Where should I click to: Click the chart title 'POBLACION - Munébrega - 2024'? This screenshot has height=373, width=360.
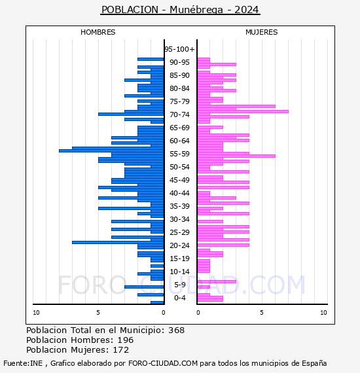pyautogui.click(x=180, y=10)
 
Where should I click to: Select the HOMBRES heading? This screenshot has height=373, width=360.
pyautogui.click(x=98, y=32)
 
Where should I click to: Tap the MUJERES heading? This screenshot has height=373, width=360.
pyautogui.click(x=262, y=32)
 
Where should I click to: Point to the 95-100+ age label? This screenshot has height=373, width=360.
pyautogui.click(x=179, y=49)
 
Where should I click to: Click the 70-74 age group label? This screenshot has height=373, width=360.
pyautogui.click(x=179, y=115)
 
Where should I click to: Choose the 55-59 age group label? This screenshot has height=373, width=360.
pyautogui.click(x=179, y=154)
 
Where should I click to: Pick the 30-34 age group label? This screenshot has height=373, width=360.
pyautogui.click(x=179, y=219)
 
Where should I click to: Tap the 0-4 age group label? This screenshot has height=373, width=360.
pyautogui.click(x=179, y=298)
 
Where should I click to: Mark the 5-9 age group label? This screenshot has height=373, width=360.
pyautogui.click(x=179, y=285)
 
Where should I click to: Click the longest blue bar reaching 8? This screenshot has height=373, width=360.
pyautogui.click(x=111, y=151)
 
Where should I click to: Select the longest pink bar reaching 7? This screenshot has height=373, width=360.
pyautogui.click(x=243, y=111)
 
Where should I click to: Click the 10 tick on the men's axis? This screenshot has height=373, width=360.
pyautogui.click(x=36, y=313)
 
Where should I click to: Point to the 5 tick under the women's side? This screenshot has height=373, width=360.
pyautogui.click(x=262, y=313)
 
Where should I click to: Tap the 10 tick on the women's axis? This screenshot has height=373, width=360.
pyautogui.click(x=323, y=313)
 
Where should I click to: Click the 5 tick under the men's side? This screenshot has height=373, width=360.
pyautogui.click(x=98, y=313)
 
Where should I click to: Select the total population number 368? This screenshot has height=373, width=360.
pyautogui.click(x=176, y=330)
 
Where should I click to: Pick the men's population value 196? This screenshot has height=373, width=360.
pyautogui.click(x=126, y=340)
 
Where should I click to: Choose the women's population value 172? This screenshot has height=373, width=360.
pyautogui.click(x=121, y=349)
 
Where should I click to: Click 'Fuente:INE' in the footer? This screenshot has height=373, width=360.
pyautogui.click(x=23, y=363)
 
